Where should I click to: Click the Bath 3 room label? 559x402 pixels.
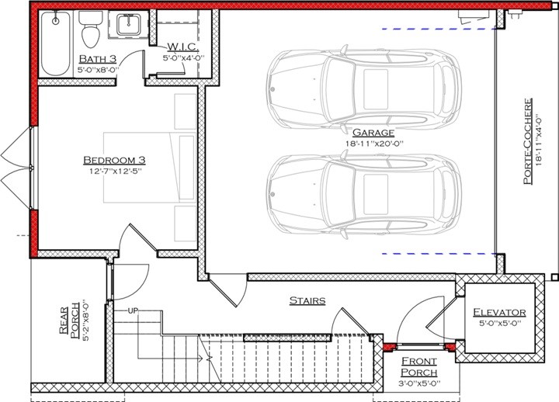97,59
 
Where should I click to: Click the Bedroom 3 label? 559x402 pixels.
115,161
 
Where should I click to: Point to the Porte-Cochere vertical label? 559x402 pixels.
527,144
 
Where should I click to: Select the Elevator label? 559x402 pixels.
500,313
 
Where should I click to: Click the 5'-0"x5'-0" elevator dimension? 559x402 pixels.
500,324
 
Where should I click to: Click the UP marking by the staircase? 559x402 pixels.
132,311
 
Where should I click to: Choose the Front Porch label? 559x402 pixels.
418,367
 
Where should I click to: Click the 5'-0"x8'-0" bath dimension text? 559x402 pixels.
97,70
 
